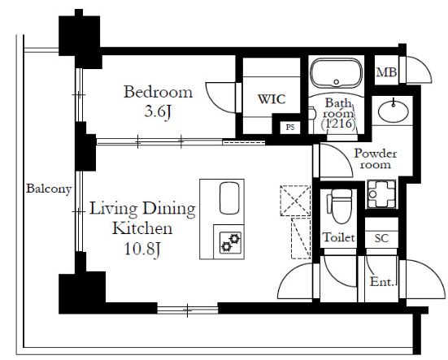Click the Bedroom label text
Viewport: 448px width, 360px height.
tap(158, 92)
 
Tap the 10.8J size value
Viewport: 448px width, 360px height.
tap(142, 249)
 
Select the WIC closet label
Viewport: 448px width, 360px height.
tap(272, 99)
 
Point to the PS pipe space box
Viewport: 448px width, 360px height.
tap(290, 127)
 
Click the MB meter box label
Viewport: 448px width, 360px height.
tap(386, 72)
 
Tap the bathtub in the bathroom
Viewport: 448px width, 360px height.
tap(337, 73)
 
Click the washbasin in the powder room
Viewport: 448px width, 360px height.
tap(394, 111)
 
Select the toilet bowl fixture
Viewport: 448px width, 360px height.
tap(340, 206)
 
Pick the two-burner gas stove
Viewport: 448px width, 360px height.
tap(230, 243)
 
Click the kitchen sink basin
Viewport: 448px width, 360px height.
tap(229, 198)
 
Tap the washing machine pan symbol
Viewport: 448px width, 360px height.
tap(381, 194)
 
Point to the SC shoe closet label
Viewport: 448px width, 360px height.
tap(381, 238)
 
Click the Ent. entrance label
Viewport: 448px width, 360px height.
tap(382, 282)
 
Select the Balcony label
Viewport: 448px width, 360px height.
tap(49, 189)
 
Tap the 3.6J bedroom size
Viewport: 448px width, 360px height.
tap(158, 111)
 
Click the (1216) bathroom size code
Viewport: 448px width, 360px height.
tap(338, 124)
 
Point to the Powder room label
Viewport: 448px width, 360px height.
tap(376, 159)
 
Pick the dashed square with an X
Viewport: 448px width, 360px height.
tap(295, 201)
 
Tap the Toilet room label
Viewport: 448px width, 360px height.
tap(339, 237)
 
